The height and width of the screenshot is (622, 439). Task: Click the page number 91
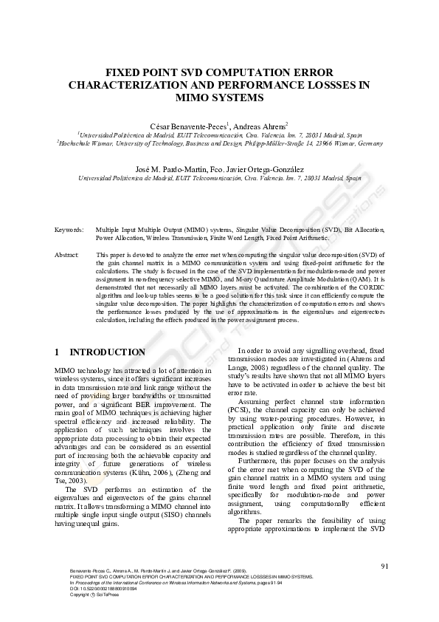tap(384, 567)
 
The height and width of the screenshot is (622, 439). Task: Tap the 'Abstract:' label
tap(67, 254)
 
